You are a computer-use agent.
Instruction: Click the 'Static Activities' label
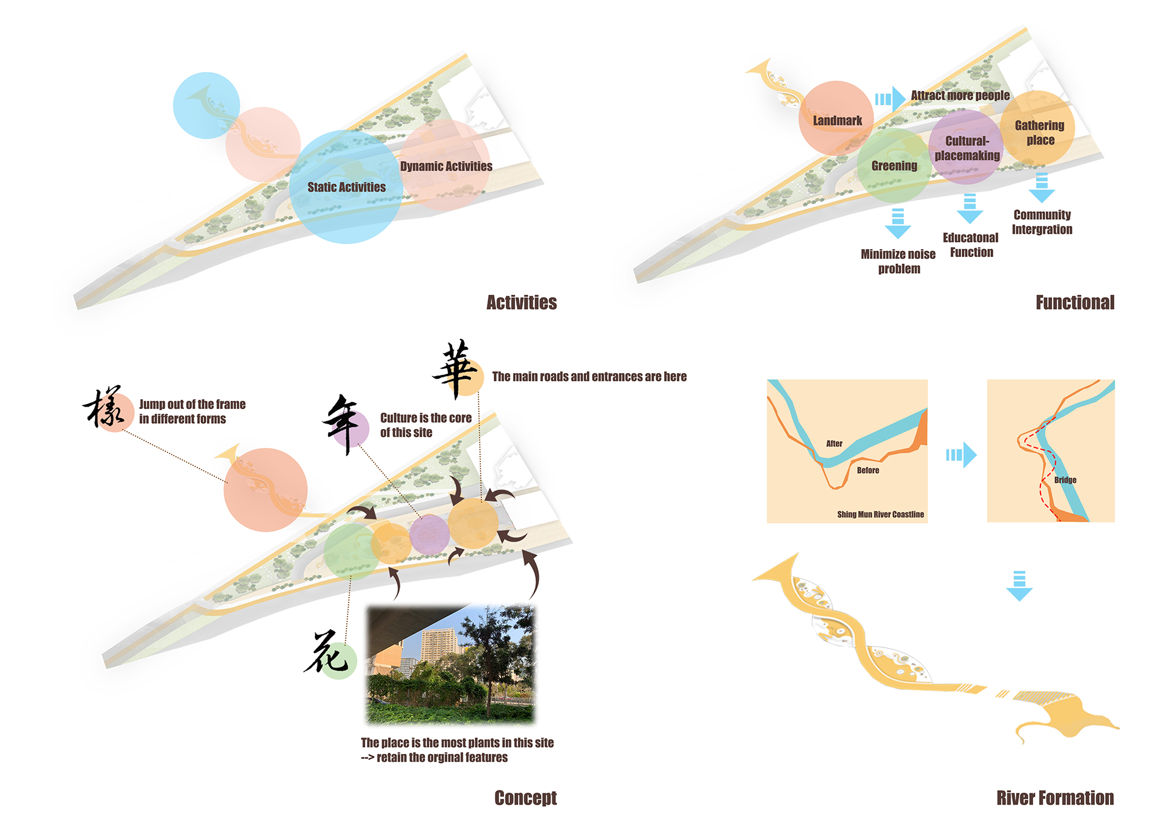[346, 187]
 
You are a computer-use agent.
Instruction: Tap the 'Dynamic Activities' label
[446, 167]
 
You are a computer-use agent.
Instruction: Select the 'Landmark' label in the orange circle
[837, 121]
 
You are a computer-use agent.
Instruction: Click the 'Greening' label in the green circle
[894, 166]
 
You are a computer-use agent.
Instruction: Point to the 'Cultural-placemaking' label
[967, 148]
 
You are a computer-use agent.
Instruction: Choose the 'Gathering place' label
[1039, 133]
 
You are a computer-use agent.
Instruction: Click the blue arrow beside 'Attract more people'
[890, 99]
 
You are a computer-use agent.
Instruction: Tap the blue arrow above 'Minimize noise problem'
[897, 223]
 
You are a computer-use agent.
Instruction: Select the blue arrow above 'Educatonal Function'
[970, 209]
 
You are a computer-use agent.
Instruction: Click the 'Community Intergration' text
[1042, 222]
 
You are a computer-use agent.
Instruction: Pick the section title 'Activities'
[521, 303]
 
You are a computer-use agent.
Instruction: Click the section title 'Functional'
[1075, 303]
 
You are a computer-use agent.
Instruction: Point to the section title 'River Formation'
[1054, 798]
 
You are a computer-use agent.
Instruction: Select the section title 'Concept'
[525, 798]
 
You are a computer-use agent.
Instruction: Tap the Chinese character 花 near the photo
[327, 653]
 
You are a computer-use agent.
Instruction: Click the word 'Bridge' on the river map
[1065, 480]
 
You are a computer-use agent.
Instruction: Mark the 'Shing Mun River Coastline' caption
[880, 515]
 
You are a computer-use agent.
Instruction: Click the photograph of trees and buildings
[451, 664]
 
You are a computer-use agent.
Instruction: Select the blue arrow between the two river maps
[962, 455]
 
